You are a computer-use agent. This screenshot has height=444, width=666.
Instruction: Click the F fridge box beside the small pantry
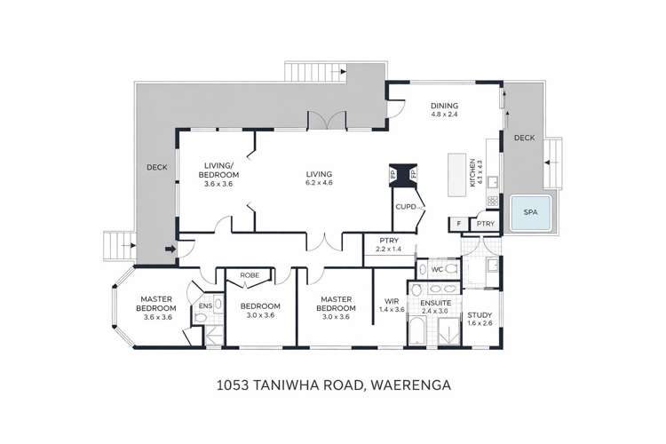point(458,224)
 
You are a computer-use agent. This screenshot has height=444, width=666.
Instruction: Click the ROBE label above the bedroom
point(250,275)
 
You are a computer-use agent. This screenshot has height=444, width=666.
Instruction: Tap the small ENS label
point(205,306)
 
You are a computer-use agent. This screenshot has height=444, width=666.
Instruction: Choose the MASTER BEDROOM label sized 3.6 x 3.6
point(152,307)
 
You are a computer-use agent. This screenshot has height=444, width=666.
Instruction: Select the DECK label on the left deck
point(156,167)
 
